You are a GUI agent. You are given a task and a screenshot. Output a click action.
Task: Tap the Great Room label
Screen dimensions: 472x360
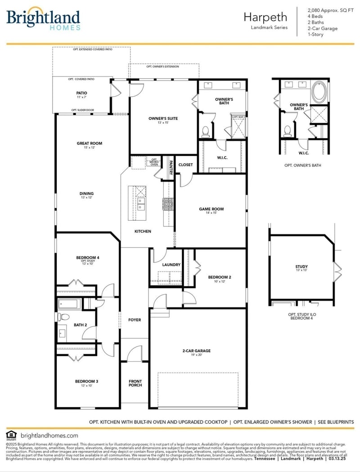89,144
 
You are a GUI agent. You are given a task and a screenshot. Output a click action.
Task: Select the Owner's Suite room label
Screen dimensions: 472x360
163,119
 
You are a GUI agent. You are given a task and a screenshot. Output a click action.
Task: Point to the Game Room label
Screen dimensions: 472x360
211,209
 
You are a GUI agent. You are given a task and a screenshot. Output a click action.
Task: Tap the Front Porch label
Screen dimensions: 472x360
135,383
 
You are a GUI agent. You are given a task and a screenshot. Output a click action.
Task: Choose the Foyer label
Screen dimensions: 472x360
135,320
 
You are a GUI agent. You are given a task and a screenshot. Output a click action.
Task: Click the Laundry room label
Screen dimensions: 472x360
171,265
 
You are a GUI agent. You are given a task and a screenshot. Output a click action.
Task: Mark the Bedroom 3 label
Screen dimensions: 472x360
86,382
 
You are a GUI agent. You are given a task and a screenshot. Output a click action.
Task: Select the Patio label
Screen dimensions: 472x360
81,94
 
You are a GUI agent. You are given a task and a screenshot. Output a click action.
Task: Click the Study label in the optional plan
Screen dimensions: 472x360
301,267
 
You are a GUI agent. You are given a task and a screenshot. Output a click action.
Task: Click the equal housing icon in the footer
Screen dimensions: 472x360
10,435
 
